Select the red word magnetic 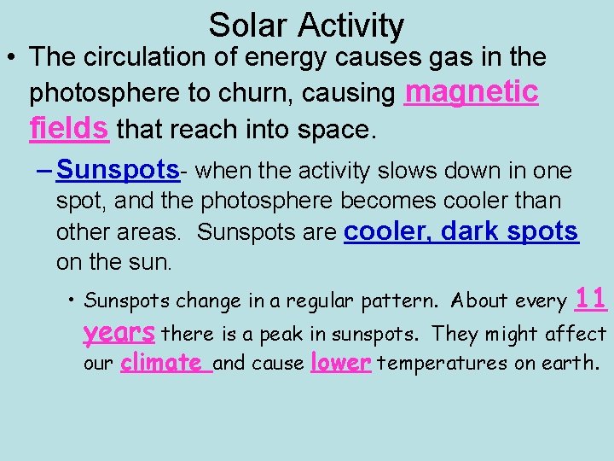472,90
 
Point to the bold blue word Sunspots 118,170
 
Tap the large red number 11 591,298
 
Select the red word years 119,331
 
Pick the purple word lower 341,363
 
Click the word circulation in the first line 159,57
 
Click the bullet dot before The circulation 12,58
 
